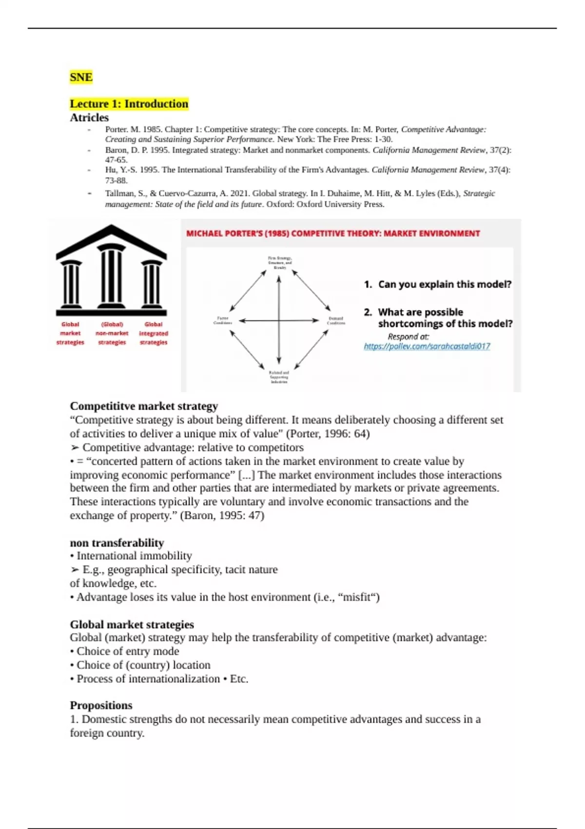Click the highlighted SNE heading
81,77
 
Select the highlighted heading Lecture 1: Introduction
129,104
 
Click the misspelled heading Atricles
89,118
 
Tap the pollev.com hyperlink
427,346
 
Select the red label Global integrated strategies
154,334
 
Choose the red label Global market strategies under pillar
70,334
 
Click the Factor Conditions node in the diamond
223,320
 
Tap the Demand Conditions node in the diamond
336,320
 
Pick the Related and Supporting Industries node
279,377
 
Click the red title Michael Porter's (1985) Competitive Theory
333,234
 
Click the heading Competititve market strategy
144,406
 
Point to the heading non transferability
117,543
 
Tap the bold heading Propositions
101,705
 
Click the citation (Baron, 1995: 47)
222,515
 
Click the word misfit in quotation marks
358,597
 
